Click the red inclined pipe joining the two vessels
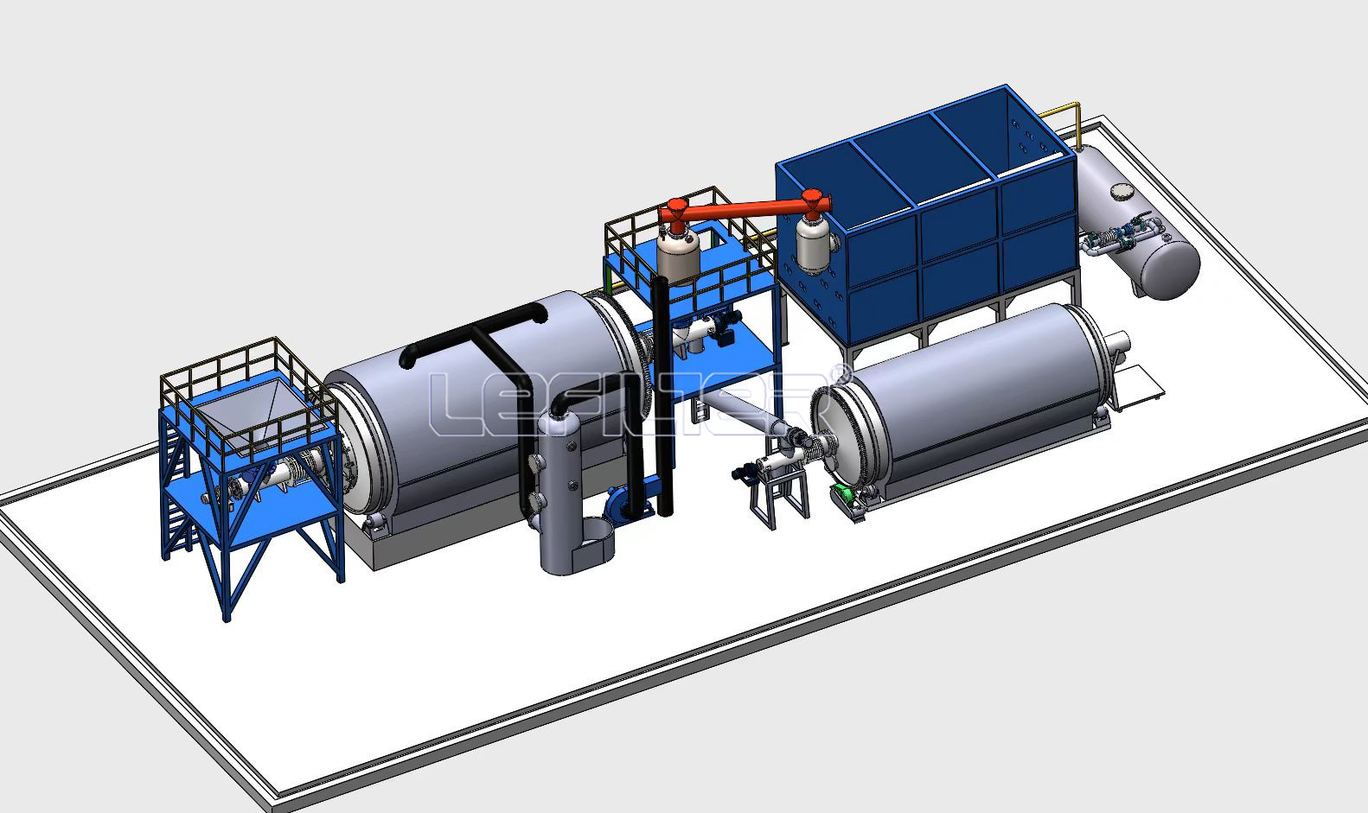point(745,209)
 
